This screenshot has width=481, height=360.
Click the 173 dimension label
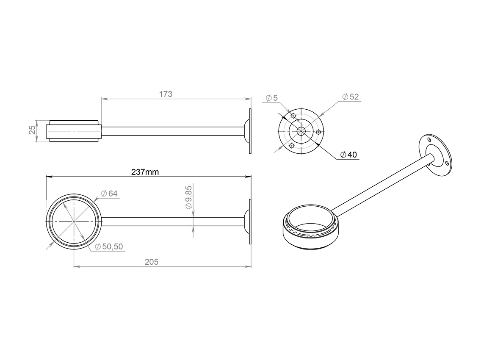coord(166,94)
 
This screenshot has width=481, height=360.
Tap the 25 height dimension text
coord(32,130)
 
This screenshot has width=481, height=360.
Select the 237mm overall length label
coord(145,172)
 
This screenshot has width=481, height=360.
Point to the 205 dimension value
coord(152,262)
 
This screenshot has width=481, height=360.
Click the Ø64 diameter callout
coord(109,194)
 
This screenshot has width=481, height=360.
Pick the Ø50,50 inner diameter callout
coord(109,246)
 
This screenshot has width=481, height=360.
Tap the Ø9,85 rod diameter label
coord(189,197)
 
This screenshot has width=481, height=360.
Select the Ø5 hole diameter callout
coord(272,97)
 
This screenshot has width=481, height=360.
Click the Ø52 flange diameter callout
coord(350,97)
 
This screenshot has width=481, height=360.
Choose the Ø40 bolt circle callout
coord(349,154)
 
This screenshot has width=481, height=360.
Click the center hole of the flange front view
coord(301,131)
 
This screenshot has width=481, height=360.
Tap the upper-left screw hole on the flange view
coord(293,116)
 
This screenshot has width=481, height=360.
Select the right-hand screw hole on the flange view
coord(318,132)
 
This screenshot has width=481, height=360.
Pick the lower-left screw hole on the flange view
coord(292,145)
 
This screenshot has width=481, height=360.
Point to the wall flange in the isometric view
coord(435,155)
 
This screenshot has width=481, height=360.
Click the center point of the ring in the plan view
coord(74,221)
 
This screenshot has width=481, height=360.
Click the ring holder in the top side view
coord(74,131)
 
